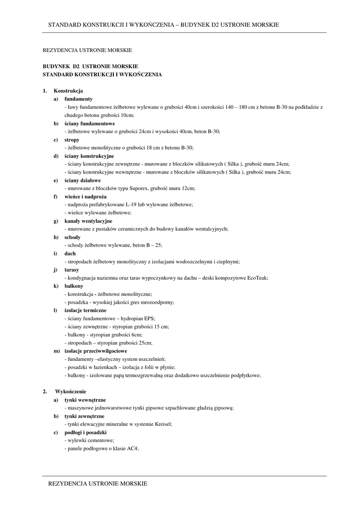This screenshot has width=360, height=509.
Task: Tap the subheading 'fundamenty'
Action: [x=79, y=99]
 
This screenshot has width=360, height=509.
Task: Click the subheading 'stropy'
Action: [x=72, y=140]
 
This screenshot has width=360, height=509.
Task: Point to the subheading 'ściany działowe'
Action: [x=83, y=180]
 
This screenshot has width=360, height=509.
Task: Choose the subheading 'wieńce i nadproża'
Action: [x=86, y=196]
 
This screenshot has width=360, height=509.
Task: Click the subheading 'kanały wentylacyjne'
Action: [x=89, y=221]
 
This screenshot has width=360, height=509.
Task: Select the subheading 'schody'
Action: [x=73, y=237]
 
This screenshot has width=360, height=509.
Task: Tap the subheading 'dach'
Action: [x=70, y=254]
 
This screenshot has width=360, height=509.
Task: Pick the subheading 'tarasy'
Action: [x=72, y=270]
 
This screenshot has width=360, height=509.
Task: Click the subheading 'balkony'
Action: [x=74, y=286]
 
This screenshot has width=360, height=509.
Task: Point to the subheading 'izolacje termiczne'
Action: [x=86, y=310]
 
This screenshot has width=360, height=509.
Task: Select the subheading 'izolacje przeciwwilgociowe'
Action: [x=95, y=351]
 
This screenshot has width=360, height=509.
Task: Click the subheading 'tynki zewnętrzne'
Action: [x=85, y=416]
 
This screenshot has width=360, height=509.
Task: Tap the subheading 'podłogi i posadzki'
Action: [x=86, y=432]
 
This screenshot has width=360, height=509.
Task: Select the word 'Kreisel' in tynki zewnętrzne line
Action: [x=163, y=424]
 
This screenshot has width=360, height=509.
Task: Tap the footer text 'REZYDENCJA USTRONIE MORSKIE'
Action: [x=97, y=483]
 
